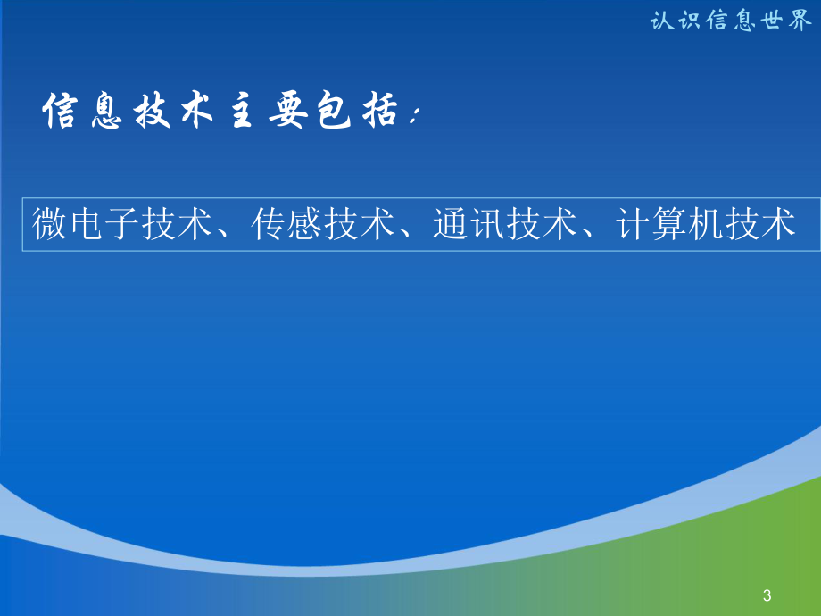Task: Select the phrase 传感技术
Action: coord(323,224)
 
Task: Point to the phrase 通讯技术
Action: coord(505,224)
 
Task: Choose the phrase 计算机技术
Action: coord(706,224)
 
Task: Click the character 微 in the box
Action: coord(50,224)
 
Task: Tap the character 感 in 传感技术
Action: coord(305,224)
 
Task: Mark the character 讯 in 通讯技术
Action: coord(487,224)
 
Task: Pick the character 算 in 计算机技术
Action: coord(669,224)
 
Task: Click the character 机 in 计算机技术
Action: coord(706,224)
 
